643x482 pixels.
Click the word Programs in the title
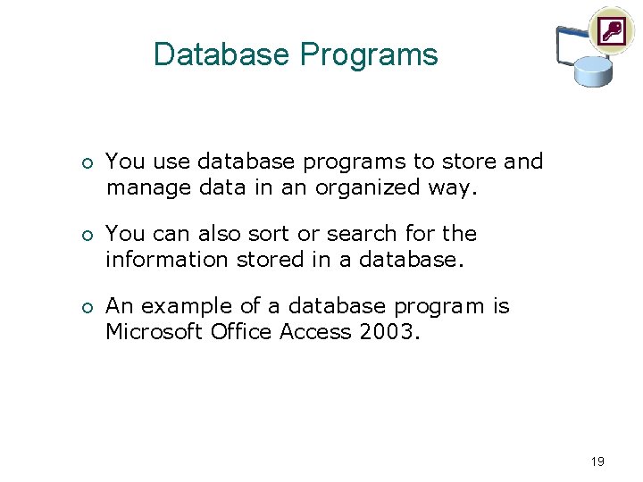click(x=369, y=55)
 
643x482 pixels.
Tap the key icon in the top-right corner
click(x=611, y=31)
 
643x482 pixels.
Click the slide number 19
click(x=597, y=461)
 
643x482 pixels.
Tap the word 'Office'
click(x=242, y=332)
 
